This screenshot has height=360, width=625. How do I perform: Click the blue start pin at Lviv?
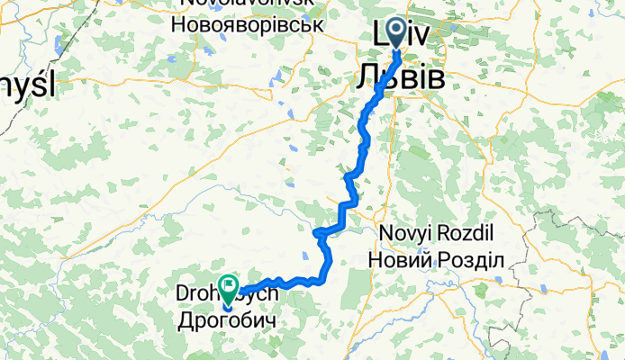396,33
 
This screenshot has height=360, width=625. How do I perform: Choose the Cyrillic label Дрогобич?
224,319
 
